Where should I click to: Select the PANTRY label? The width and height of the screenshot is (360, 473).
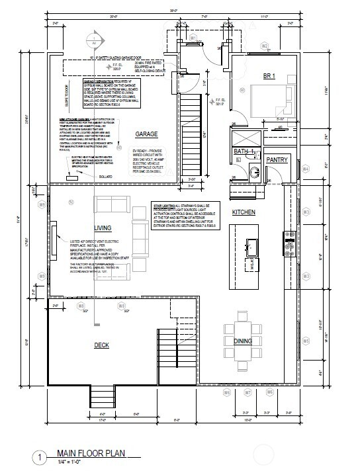click(277, 160)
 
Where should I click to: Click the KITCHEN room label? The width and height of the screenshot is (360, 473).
click(244, 212)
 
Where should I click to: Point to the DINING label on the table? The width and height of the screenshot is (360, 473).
click(242, 341)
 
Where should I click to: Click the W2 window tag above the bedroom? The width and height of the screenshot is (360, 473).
click(265, 46)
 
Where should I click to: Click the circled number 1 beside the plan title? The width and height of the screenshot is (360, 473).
click(42, 456)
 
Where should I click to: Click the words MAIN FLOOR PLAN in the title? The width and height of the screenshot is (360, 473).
click(91, 453)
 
